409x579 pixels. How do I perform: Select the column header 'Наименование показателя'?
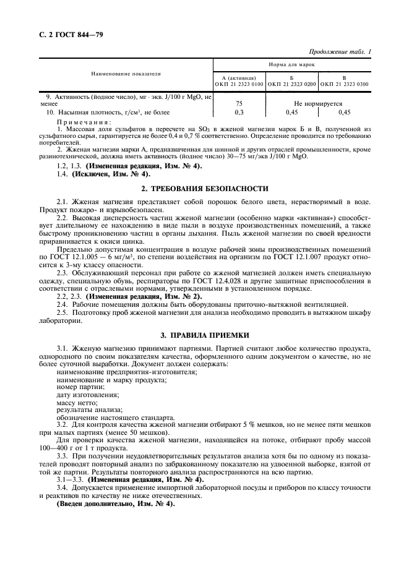[126, 74]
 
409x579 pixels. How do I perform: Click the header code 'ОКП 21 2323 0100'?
[239, 84]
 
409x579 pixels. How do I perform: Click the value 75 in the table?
[239, 104]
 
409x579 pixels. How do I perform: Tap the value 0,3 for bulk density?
[239, 112]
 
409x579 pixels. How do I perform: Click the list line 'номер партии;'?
[80, 387]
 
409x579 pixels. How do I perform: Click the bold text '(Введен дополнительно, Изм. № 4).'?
[115, 503]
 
